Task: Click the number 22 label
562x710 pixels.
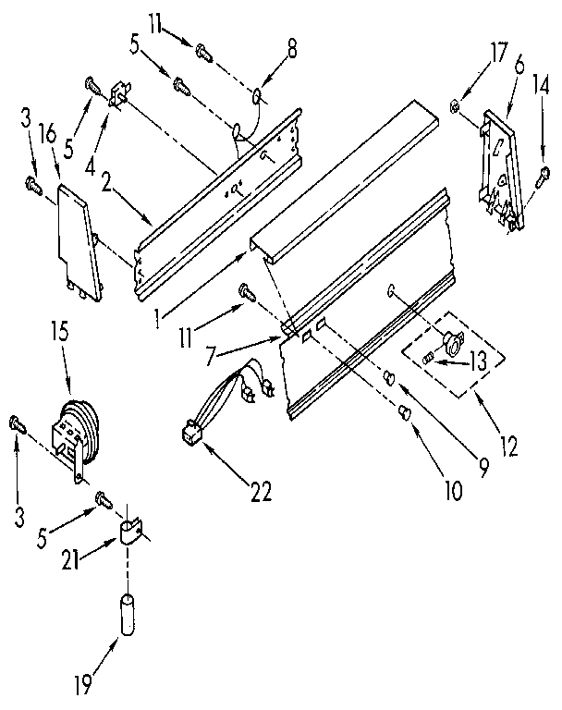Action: (261, 491)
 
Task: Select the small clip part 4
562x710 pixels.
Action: (118, 95)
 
